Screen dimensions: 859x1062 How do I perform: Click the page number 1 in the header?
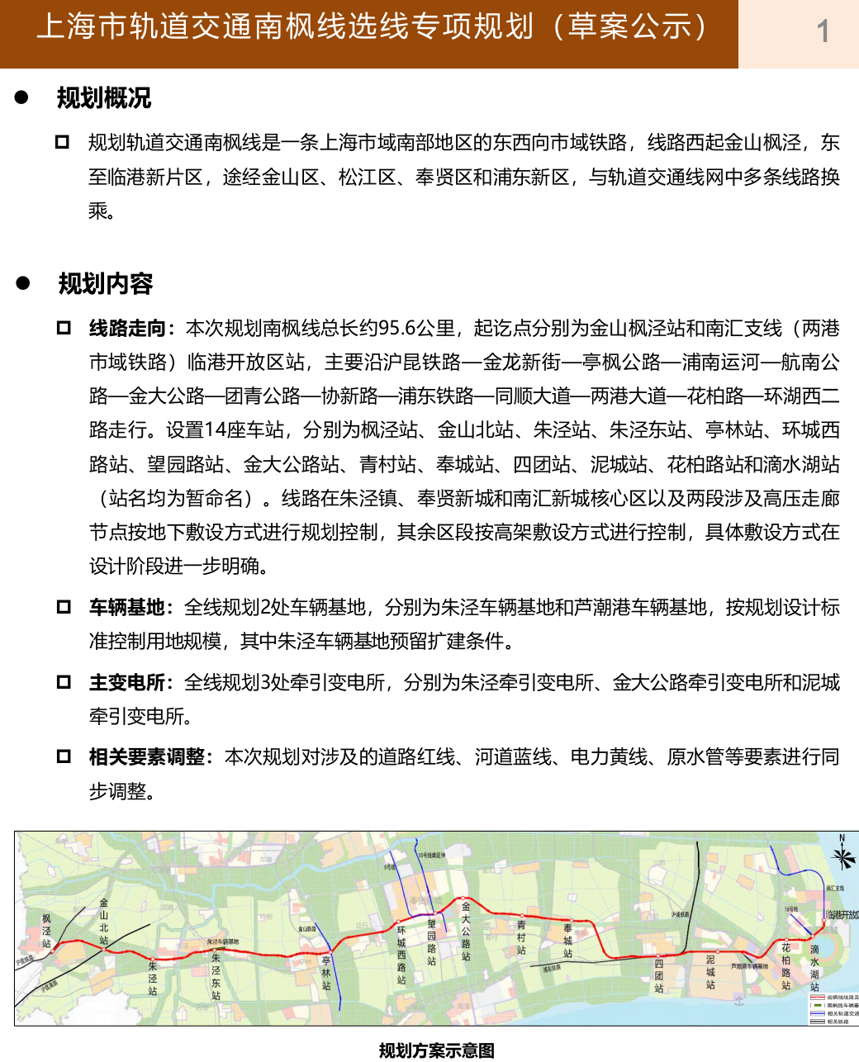point(823,32)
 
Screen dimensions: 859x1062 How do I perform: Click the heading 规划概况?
point(104,98)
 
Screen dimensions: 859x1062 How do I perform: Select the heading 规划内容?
point(106,284)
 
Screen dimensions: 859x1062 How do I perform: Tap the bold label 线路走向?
point(128,329)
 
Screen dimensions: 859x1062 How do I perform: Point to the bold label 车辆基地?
point(128,608)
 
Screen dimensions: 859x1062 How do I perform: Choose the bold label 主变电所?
point(128,683)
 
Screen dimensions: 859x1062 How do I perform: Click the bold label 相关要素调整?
point(147,757)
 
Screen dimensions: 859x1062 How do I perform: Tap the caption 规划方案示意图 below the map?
point(436,1050)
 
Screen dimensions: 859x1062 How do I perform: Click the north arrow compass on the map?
point(842,855)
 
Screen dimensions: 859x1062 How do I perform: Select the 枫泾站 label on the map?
point(46,931)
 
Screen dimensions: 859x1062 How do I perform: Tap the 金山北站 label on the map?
point(104,922)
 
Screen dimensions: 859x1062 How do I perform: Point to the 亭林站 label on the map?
point(326,973)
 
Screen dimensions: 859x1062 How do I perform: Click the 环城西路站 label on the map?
point(401,955)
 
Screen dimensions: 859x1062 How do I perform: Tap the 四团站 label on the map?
point(658,975)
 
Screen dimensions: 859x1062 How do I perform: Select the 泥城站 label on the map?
point(710,972)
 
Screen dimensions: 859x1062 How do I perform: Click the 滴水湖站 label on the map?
point(814,968)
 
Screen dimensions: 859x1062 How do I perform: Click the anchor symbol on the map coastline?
point(739,1000)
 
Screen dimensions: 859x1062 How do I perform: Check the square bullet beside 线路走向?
point(64,328)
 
